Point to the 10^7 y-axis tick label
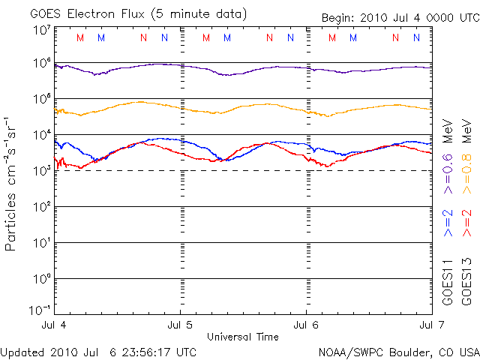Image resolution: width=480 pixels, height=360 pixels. pos(41,31)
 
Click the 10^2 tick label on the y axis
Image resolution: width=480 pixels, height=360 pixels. pos(41,208)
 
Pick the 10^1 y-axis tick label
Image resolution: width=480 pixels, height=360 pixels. pos(41,244)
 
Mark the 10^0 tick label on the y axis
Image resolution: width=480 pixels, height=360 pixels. pos(41,280)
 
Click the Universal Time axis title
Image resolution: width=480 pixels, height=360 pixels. pos(243,336)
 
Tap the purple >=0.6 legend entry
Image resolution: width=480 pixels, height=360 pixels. pos(448,180)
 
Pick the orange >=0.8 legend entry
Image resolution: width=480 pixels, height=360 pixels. pos(466,180)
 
